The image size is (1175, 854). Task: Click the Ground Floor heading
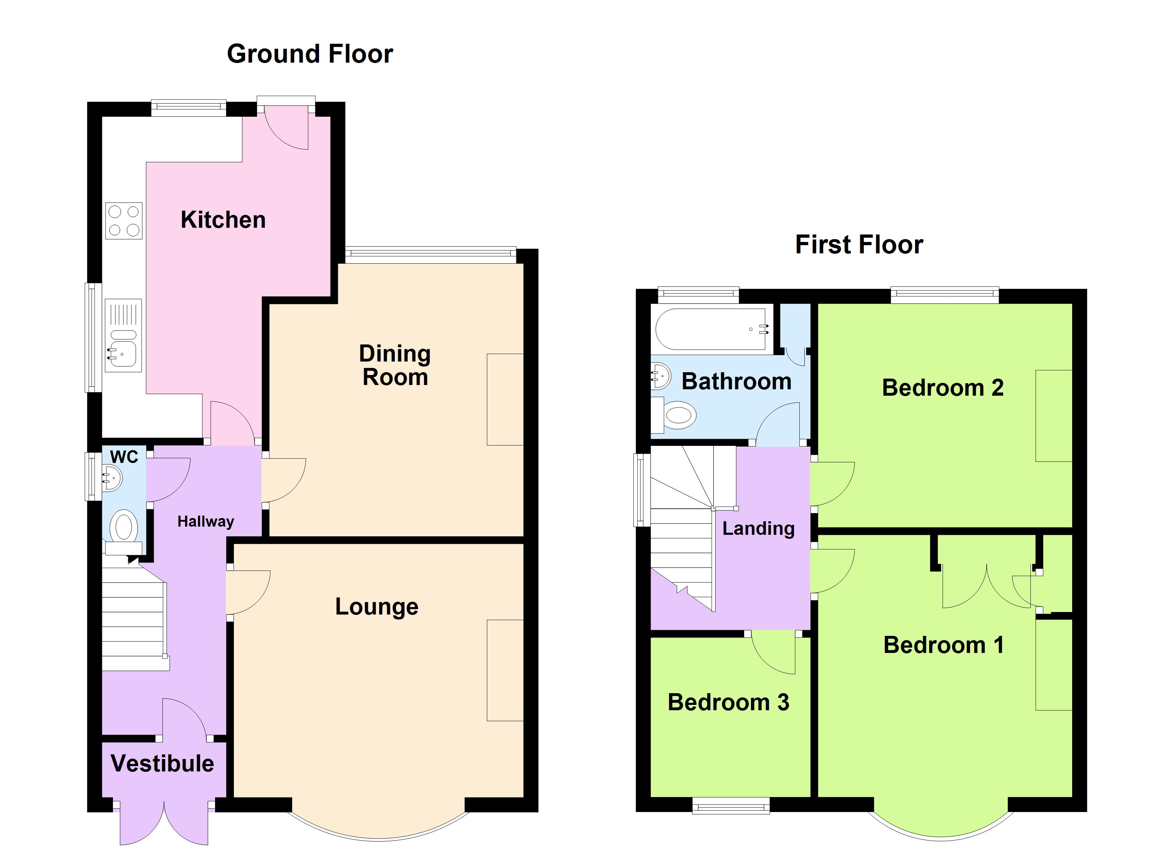click(x=310, y=54)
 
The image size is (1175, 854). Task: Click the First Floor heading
click(x=859, y=244)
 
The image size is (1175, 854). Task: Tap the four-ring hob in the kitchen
click(x=124, y=221)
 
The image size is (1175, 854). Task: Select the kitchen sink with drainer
click(x=123, y=336)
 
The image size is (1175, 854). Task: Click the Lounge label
click(x=377, y=606)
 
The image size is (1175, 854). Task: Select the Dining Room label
click(x=395, y=365)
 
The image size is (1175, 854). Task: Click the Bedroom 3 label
click(x=728, y=702)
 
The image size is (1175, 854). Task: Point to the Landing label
click(x=758, y=528)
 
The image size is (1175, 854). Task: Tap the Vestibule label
click(x=162, y=763)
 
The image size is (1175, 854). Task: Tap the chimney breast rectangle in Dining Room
click(x=505, y=399)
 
